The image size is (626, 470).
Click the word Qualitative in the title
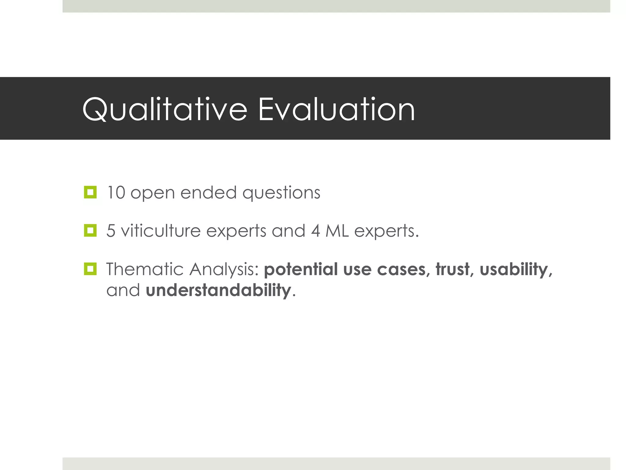164,110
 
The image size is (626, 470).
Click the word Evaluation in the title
336,110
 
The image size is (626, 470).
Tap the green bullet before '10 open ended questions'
90,192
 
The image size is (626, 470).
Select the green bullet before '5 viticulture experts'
90,230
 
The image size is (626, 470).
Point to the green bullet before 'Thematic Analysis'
90,269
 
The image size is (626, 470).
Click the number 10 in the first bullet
116,193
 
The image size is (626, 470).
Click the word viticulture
160,231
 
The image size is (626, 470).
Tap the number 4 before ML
315,231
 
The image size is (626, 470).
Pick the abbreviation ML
337,231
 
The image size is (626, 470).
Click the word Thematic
145,269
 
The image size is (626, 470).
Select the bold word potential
300,270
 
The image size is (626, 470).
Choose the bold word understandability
218,290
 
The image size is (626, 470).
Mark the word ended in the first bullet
208,193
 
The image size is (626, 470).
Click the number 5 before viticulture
111,231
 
